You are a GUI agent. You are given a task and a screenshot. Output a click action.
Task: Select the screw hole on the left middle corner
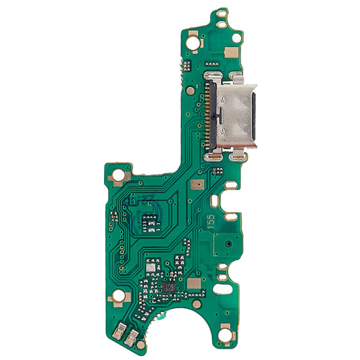pyautogui.click(x=120, y=175)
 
